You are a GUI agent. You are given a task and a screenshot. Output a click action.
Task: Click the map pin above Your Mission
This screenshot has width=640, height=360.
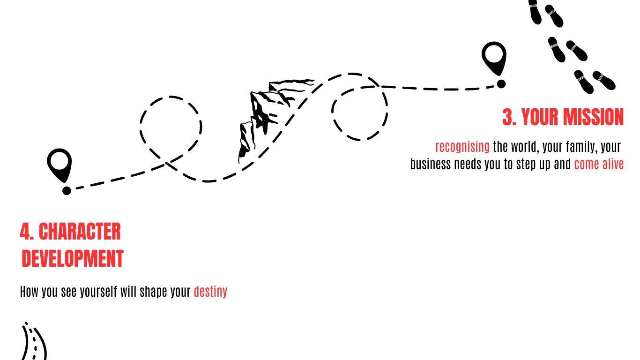pyautogui.click(x=494, y=56)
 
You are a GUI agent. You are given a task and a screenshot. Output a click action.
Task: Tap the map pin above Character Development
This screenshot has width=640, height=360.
pyautogui.click(x=60, y=163)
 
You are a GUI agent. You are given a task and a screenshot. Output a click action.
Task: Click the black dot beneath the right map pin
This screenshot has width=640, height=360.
pyautogui.click(x=501, y=84)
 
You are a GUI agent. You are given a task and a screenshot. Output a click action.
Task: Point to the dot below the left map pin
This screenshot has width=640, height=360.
pyautogui.click(x=67, y=190)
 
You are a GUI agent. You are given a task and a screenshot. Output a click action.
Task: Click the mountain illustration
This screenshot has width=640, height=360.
pyautogui.click(x=267, y=117)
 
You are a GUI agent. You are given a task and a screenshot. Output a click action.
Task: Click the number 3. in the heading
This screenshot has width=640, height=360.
pyautogui.click(x=509, y=117)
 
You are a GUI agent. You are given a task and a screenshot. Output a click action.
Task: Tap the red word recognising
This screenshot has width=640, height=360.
pyautogui.click(x=462, y=147)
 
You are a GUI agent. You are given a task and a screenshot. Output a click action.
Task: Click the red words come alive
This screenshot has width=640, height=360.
pyautogui.click(x=599, y=165)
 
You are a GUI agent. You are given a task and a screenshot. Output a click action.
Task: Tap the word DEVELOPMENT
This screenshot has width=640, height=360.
pyautogui.click(x=73, y=259)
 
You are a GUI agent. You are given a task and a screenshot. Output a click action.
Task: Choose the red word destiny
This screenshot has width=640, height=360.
pyautogui.click(x=210, y=292)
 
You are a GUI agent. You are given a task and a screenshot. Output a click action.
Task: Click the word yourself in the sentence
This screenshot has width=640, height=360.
pyautogui.click(x=98, y=292)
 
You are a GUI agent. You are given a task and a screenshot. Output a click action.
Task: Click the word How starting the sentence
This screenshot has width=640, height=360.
pyautogui.click(x=29, y=292)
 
